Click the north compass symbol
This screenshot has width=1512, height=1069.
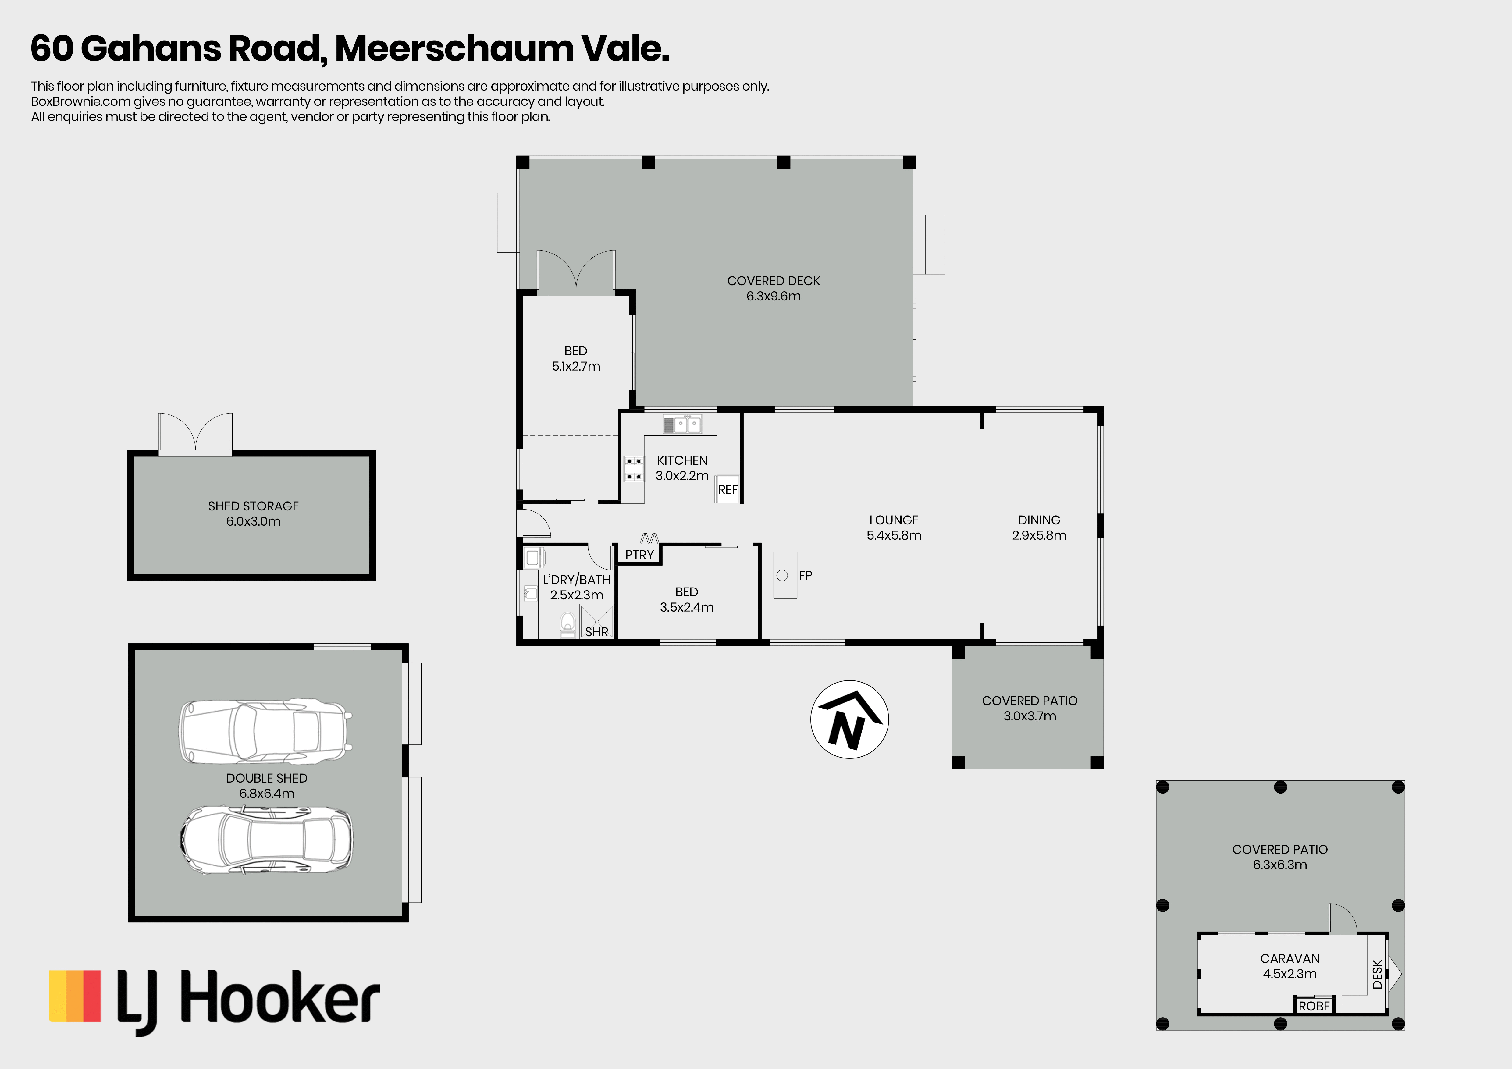pos(849,719)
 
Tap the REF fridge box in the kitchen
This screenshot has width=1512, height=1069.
pos(728,489)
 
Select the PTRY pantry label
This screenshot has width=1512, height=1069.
pos(639,555)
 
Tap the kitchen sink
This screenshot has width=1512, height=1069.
pos(682,424)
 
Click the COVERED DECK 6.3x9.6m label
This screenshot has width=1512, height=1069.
pos(774,288)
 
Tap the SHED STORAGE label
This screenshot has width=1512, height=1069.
pos(254,506)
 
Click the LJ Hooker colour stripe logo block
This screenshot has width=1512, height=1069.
pos(75,996)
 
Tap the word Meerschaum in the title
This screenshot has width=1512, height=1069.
pos(454,49)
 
